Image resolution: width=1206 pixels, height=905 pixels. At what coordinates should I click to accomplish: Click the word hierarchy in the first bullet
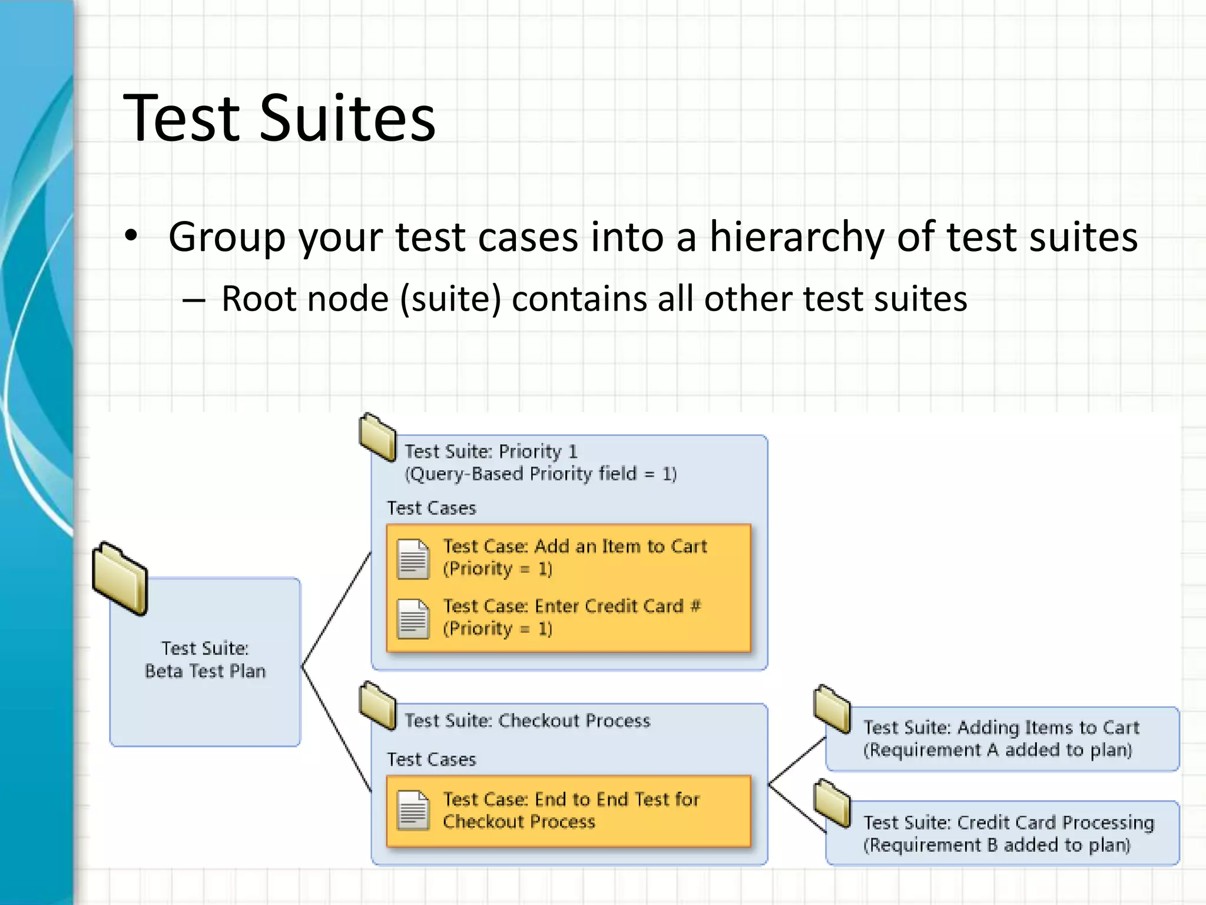[796, 237]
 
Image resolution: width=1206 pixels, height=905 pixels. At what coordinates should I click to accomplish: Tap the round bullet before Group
[131, 236]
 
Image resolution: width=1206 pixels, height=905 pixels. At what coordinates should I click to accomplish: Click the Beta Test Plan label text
[205, 671]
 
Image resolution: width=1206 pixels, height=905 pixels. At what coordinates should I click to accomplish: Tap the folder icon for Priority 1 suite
[377, 437]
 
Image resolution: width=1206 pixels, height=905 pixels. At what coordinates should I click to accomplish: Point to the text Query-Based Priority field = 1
[541, 474]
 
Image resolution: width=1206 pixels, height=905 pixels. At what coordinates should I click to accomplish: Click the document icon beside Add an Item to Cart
[413, 559]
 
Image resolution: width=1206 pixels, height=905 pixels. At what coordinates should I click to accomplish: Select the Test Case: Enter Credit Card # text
[571, 606]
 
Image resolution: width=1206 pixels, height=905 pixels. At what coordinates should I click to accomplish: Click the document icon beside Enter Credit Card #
[413, 619]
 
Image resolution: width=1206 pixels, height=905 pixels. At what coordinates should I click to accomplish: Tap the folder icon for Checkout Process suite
[377, 705]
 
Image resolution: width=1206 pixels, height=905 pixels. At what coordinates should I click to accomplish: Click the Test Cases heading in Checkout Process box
[431, 759]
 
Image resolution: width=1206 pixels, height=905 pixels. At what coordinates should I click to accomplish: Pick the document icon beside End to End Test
[413, 810]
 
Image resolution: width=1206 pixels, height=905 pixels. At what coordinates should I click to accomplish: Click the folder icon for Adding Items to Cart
[832, 709]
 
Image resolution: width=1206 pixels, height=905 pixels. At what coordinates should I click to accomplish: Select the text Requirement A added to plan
[998, 750]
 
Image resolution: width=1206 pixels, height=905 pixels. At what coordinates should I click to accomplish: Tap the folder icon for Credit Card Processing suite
[832, 803]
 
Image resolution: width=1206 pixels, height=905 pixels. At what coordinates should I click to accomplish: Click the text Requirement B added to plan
[996, 845]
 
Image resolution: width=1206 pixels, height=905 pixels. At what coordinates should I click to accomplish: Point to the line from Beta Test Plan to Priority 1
[336, 610]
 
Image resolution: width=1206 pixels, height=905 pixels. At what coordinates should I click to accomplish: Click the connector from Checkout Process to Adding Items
[797, 761]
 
